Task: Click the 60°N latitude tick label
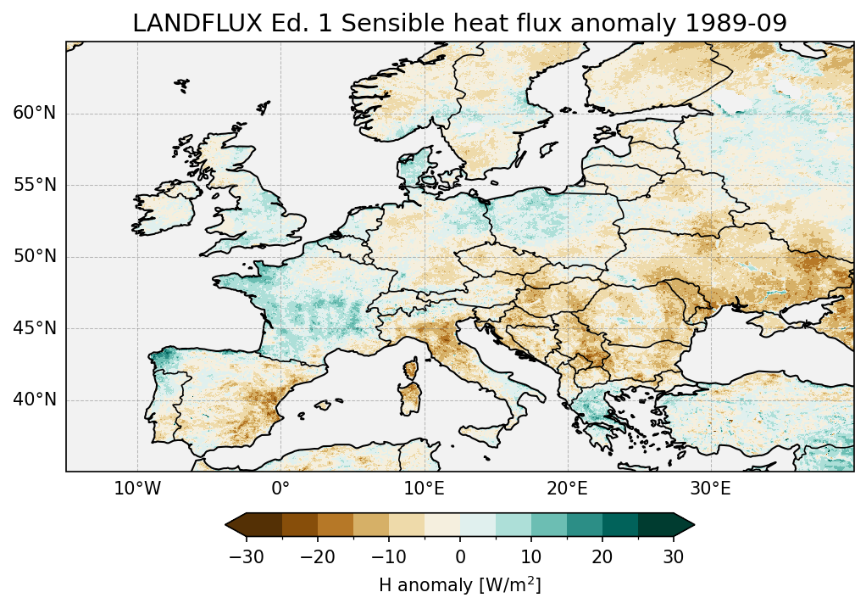coord(35,114)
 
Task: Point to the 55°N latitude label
coord(35,185)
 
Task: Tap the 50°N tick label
coord(35,257)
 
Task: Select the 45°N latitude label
coord(35,328)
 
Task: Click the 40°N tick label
coord(35,399)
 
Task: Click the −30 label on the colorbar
coord(246,557)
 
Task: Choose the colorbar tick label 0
coord(460,557)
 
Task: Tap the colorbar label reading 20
coord(602,557)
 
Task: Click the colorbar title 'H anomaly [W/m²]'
coord(459,585)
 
